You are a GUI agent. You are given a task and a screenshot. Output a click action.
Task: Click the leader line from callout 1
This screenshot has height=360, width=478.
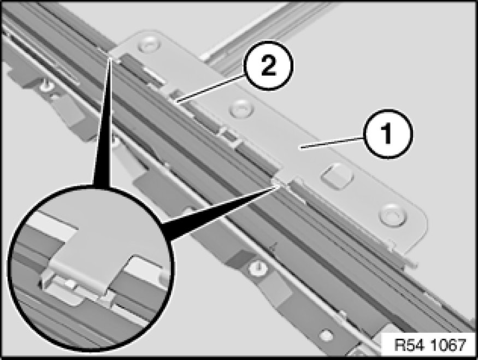click(x=331, y=143)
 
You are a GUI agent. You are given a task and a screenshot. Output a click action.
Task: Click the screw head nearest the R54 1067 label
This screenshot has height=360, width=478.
click(x=327, y=333)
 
